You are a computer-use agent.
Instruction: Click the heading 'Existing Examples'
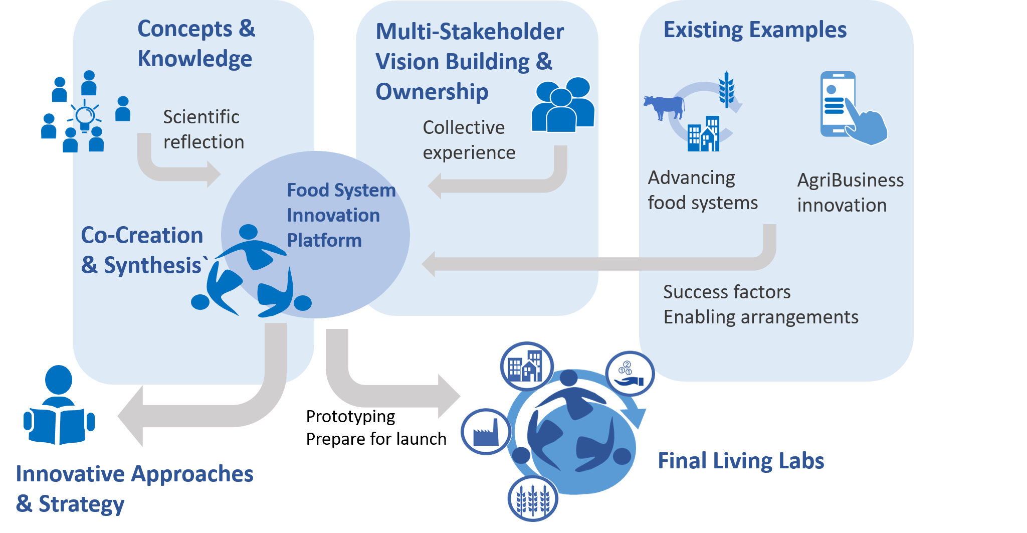coord(754,30)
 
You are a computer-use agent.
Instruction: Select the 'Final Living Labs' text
coord(740,461)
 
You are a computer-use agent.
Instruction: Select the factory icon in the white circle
coord(485,432)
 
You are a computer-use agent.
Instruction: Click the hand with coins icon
coord(629,374)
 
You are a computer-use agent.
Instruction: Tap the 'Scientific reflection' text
coord(203,129)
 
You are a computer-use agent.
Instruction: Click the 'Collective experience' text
coord(468,140)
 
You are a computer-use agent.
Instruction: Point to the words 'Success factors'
coord(726,292)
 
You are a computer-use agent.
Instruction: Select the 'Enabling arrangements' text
coord(760,317)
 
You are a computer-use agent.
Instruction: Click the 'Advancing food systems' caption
coord(702,191)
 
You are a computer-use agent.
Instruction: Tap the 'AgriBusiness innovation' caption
coord(850,193)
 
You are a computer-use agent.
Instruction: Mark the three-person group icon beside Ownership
coord(562,105)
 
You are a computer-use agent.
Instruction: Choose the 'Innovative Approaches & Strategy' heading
coord(134,488)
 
